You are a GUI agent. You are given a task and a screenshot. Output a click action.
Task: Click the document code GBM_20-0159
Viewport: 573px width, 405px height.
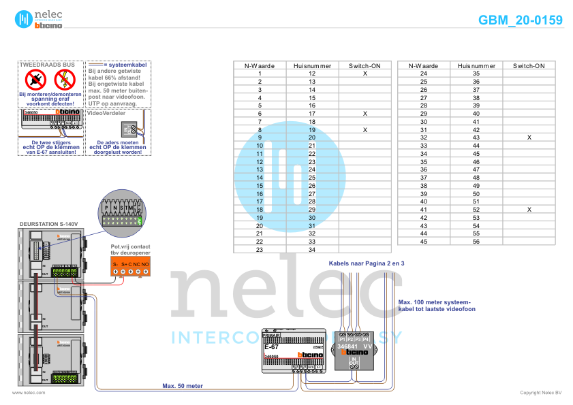(521, 20)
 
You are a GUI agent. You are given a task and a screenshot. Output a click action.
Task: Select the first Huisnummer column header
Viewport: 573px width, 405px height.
(311, 66)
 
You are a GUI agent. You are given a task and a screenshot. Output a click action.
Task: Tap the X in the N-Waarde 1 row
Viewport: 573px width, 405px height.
(365, 73)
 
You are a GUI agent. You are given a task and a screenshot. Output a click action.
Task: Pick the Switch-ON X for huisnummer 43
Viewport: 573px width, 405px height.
(529, 137)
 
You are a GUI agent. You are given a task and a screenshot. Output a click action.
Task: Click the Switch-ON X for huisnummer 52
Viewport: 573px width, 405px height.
(529, 210)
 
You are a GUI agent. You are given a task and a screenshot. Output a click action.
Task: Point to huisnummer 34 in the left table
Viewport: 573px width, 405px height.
(311, 250)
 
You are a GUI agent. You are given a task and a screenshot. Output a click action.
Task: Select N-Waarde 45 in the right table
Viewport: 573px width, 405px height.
(423, 242)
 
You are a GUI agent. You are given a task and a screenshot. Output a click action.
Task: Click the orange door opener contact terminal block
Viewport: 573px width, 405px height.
(130, 268)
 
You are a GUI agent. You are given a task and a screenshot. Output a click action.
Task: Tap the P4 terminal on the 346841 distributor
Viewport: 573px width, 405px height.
(367, 339)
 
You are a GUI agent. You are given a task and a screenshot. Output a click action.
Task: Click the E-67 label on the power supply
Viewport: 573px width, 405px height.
(270, 348)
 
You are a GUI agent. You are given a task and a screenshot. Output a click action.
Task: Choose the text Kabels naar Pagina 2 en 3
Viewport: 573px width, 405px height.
(367, 262)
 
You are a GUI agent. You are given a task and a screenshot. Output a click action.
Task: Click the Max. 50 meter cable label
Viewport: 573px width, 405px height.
(182, 386)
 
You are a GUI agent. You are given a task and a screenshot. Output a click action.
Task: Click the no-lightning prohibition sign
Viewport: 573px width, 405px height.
(64, 79)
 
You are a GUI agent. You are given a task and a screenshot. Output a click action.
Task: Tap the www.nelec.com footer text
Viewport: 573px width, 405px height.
(29, 393)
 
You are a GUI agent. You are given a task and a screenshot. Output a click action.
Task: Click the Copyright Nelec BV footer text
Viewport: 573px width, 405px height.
(540, 393)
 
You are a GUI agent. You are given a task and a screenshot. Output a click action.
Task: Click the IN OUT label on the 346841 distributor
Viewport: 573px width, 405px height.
(354, 361)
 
